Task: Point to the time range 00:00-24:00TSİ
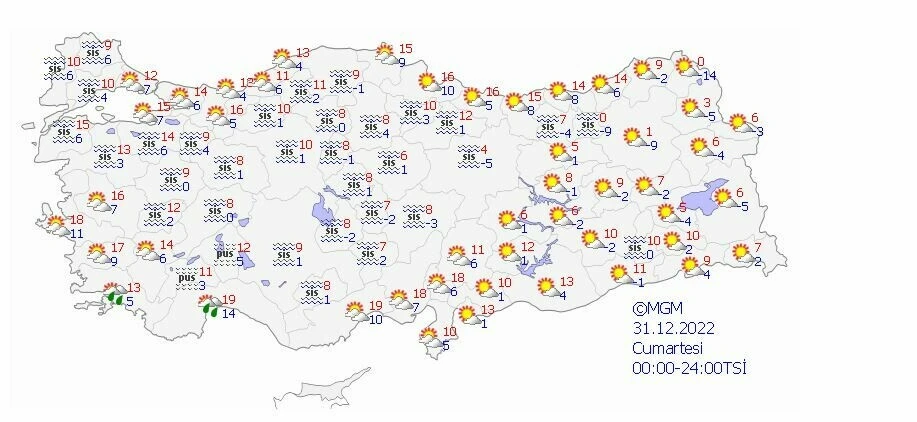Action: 690,368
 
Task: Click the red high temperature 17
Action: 118,247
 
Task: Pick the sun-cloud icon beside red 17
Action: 98,253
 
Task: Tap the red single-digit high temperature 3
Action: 707,103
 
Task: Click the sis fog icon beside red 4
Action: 466,156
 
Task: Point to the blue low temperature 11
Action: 78,233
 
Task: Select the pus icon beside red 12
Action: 224,254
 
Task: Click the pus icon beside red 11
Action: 187,277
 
